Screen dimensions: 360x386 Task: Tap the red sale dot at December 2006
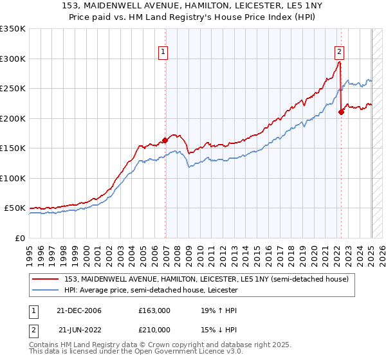click(165, 139)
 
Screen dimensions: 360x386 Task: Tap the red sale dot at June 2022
click(342, 112)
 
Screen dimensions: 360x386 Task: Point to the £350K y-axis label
click(13, 29)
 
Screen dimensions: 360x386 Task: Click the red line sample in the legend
click(46, 279)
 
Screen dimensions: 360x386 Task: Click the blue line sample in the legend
click(46, 290)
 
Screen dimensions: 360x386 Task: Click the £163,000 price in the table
click(154, 310)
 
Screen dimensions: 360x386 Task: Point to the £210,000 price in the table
click(154, 330)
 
